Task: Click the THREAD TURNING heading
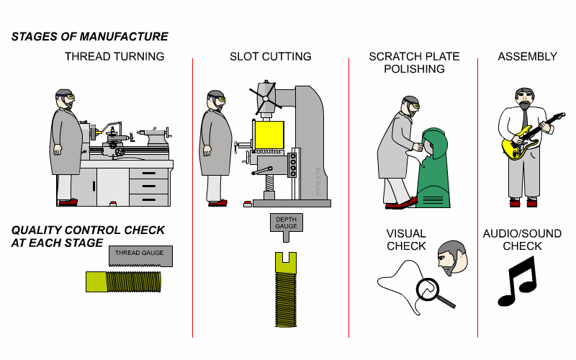pos(114,56)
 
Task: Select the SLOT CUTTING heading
pos(270,56)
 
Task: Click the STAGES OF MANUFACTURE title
pos(90,36)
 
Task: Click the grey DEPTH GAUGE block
pos(285,223)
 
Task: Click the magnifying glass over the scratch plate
pos(430,290)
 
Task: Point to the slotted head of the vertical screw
pos(285,261)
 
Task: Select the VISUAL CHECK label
pos(406,240)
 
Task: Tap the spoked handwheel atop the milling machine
pos(262,92)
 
